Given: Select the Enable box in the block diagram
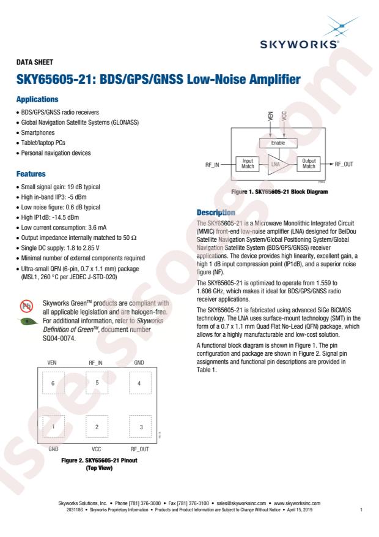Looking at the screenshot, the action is (278, 143).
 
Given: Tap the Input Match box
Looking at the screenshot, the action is (248, 163).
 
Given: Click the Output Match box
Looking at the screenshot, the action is (309, 163).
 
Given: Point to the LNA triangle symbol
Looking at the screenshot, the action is (277, 164).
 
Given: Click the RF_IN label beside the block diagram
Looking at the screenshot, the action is (212, 165).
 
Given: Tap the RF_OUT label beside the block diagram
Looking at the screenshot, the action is (344, 164).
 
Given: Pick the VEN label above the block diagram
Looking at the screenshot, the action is (270, 116).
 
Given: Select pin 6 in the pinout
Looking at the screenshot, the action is (53, 383).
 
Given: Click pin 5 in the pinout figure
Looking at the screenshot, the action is (97, 383).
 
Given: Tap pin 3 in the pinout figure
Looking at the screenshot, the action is (141, 426).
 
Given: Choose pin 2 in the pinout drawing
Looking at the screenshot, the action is (97, 426).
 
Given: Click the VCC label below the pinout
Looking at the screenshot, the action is (97, 449).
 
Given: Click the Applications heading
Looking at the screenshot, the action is (37, 99).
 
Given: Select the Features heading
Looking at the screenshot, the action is (31, 174).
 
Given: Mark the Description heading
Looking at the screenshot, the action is (216, 212).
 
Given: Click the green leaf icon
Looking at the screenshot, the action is (28, 321).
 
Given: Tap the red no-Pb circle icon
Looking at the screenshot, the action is (26, 306).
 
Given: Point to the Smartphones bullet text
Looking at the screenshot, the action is (37, 132).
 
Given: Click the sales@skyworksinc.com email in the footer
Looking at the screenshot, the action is (241, 503).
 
